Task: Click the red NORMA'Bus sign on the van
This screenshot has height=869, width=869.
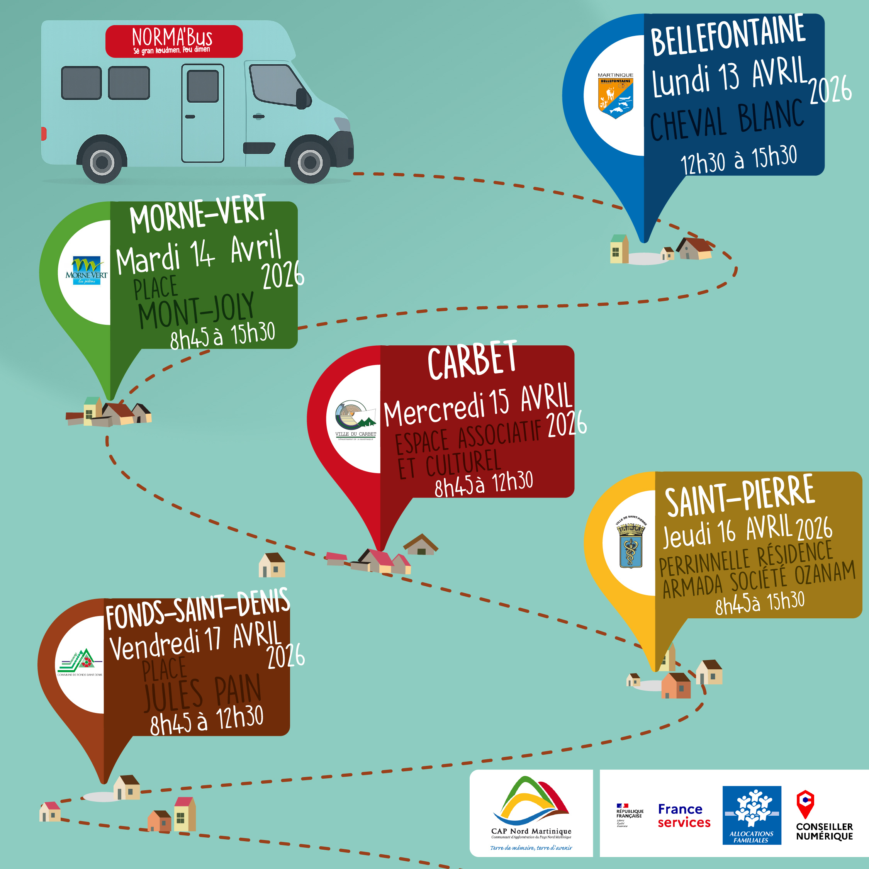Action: click(x=174, y=41)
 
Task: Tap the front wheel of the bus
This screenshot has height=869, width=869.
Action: click(x=310, y=161)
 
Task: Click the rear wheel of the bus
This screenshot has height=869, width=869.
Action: click(x=102, y=161)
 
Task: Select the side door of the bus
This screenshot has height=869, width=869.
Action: click(x=202, y=113)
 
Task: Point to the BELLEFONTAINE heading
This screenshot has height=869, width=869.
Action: click(x=727, y=36)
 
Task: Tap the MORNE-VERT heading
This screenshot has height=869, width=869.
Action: click(x=198, y=215)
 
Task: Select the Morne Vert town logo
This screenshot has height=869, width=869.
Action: click(x=87, y=270)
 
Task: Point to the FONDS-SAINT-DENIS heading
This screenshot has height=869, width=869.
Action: click(x=197, y=609)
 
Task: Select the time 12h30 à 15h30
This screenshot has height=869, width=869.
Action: click(x=738, y=160)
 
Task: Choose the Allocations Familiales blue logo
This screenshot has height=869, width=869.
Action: click(x=752, y=815)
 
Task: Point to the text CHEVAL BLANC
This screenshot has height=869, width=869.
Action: click(x=726, y=119)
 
